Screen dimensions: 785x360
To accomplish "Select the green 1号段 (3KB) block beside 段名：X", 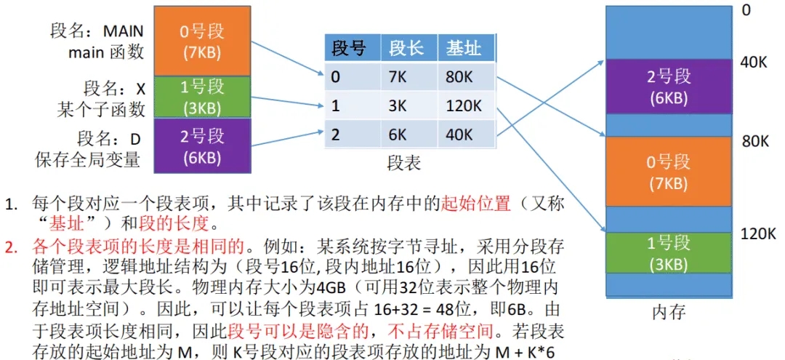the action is click(x=201, y=98).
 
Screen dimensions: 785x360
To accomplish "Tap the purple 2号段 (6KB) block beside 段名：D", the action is click(x=201, y=146).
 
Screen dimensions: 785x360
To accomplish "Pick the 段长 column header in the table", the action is click(x=407, y=49).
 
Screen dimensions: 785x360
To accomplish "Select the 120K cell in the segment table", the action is click(x=464, y=106).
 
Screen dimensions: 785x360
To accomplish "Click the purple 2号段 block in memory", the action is click(x=668, y=87).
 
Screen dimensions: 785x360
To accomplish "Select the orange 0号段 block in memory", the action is click(x=668, y=172).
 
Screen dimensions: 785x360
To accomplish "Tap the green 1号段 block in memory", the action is click(x=668, y=252).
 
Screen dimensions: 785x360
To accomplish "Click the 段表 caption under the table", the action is click(x=404, y=163).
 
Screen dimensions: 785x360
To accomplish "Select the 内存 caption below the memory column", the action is click(x=668, y=314).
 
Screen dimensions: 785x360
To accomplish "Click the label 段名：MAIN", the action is click(x=97, y=31).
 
